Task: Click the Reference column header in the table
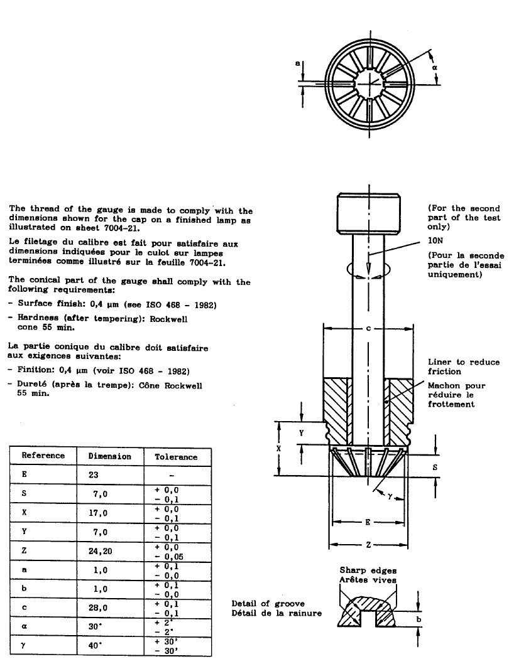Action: (x=43, y=456)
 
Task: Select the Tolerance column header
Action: (x=176, y=457)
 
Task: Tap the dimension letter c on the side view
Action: (x=368, y=328)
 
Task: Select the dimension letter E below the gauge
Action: (x=368, y=522)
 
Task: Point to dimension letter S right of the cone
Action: (x=435, y=467)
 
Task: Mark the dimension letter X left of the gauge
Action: (x=279, y=449)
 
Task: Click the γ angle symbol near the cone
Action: (x=390, y=495)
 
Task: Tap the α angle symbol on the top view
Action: (x=434, y=68)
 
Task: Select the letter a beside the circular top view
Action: (x=298, y=63)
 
